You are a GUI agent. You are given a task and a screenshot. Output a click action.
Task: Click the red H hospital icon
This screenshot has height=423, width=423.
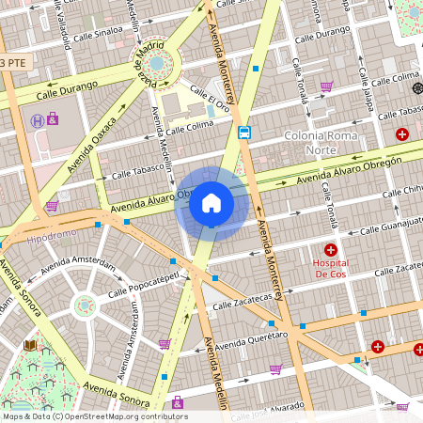(x=331, y=249)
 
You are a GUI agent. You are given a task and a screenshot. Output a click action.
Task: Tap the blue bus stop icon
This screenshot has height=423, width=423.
(x=244, y=132)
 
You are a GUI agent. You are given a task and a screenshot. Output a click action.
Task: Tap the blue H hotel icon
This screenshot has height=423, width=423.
(x=36, y=120)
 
